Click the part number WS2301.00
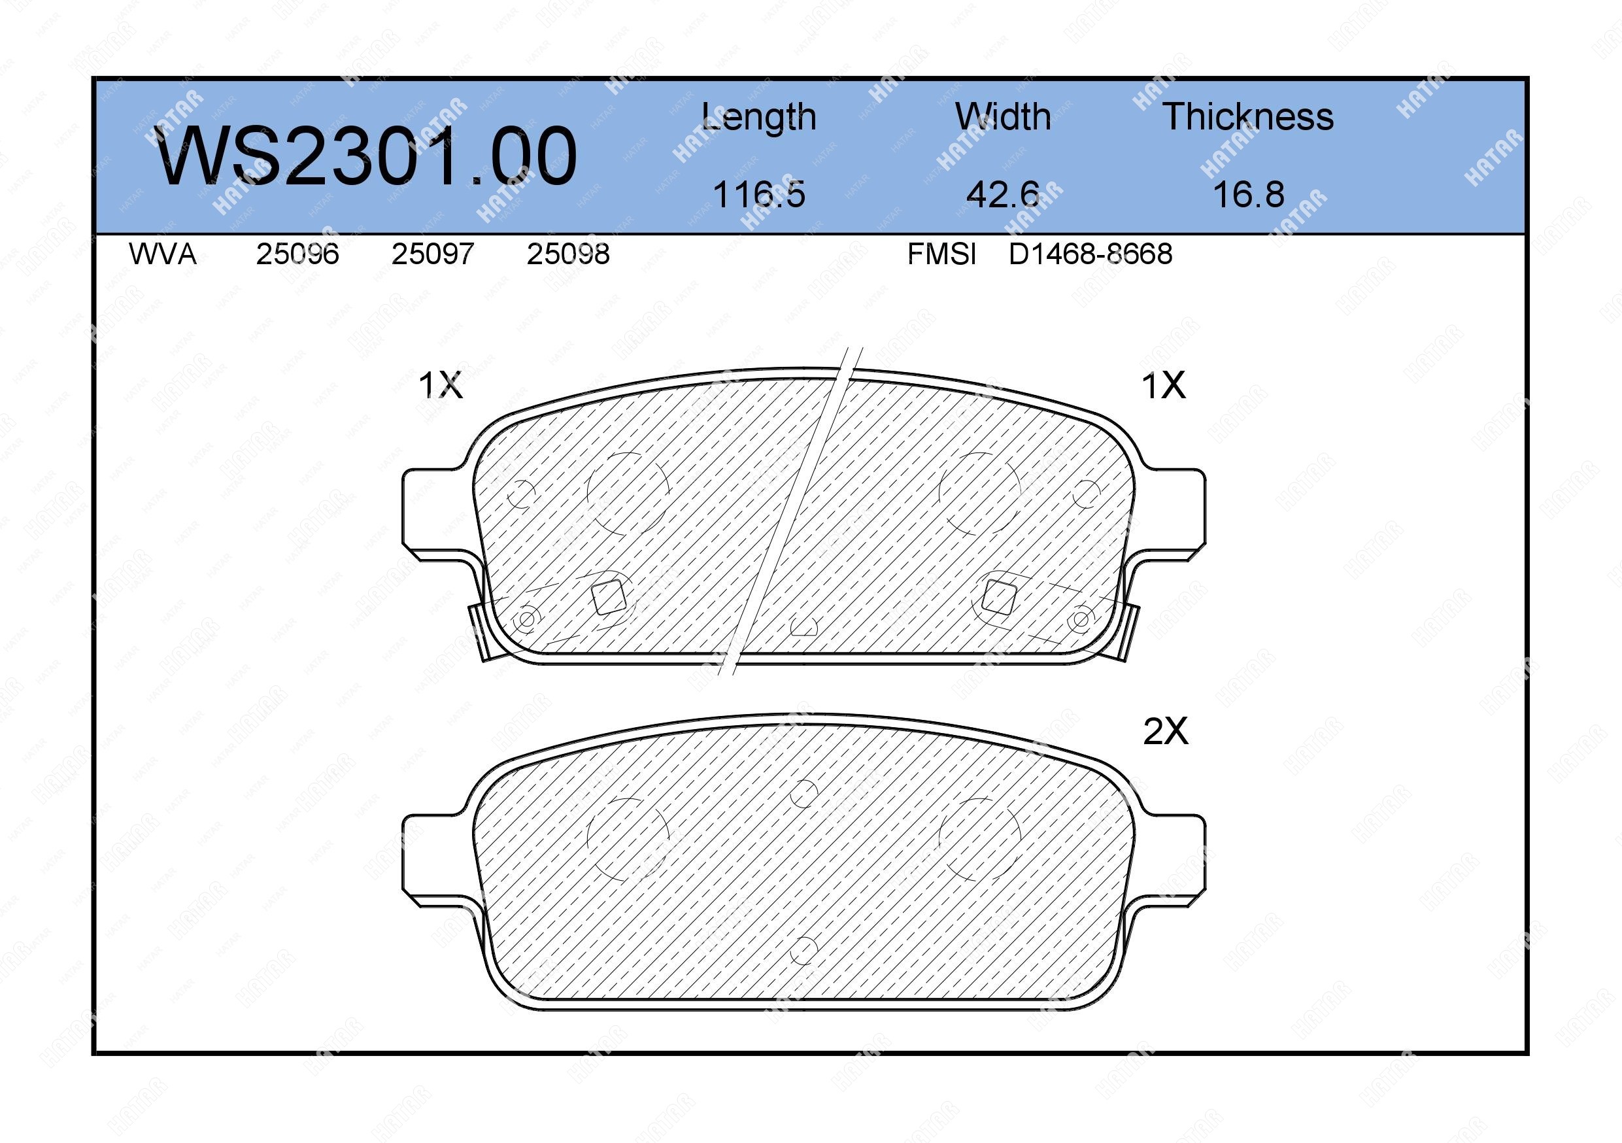tap(366, 156)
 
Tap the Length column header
tap(759, 117)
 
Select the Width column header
tap(1003, 116)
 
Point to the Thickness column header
tap(1248, 116)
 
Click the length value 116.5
tap(759, 194)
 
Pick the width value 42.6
tap(1003, 194)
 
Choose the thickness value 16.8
tap(1248, 194)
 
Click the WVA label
tap(163, 254)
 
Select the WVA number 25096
tap(297, 254)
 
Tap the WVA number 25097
tap(432, 254)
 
